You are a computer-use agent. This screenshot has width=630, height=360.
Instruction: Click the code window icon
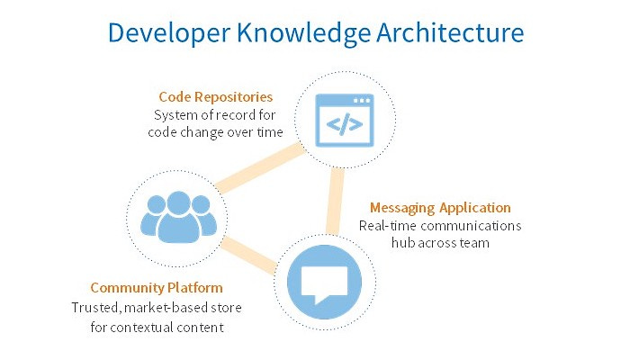pyautogui.click(x=338, y=121)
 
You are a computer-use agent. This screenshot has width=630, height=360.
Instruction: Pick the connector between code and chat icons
pyautogui.click(x=336, y=200)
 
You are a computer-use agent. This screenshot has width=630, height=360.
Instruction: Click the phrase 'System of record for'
pyautogui.click(x=218, y=115)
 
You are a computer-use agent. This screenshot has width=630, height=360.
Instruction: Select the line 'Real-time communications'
pyautogui.click(x=440, y=226)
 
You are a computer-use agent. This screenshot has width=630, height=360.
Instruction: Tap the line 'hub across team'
pyautogui.click(x=440, y=243)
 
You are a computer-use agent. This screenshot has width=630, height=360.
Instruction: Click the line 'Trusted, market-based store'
pyautogui.click(x=157, y=308)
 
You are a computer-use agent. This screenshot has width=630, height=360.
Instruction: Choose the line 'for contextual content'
pyautogui.click(x=157, y=327)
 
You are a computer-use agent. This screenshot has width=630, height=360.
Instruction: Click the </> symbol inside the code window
pyautogui.click(x=338, y=125)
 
